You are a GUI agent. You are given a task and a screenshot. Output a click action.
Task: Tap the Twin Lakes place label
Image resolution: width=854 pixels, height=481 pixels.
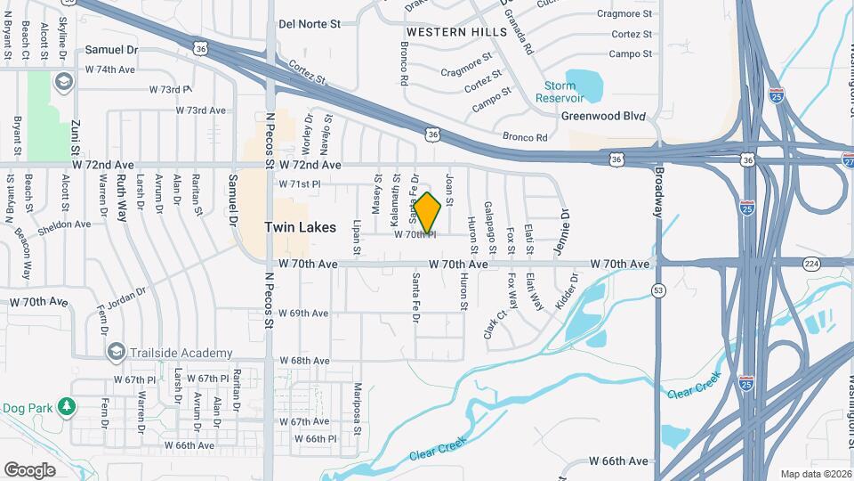301,227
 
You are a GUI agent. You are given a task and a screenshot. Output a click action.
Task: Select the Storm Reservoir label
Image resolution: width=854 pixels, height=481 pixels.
559,92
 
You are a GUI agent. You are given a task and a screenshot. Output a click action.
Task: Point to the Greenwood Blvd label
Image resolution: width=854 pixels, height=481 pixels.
602,116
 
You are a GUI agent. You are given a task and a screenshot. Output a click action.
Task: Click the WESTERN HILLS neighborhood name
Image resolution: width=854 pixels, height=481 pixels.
456,31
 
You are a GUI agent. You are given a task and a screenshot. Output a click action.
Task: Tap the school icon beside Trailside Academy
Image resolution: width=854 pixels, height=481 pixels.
115,353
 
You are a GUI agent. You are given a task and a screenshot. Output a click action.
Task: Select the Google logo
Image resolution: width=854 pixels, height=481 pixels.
29,469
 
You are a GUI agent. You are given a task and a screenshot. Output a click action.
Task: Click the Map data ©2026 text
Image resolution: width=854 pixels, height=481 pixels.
815,474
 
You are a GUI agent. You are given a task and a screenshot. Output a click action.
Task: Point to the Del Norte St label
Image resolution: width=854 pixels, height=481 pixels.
310,25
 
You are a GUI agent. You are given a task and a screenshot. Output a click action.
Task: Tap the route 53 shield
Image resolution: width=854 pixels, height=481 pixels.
658,290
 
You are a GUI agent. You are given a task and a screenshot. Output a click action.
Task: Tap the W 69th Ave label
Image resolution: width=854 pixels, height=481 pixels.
303,314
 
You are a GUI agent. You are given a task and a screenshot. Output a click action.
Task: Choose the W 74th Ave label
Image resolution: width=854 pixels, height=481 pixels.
110,69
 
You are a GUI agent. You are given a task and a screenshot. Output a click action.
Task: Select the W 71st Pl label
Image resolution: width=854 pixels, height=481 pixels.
299,184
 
